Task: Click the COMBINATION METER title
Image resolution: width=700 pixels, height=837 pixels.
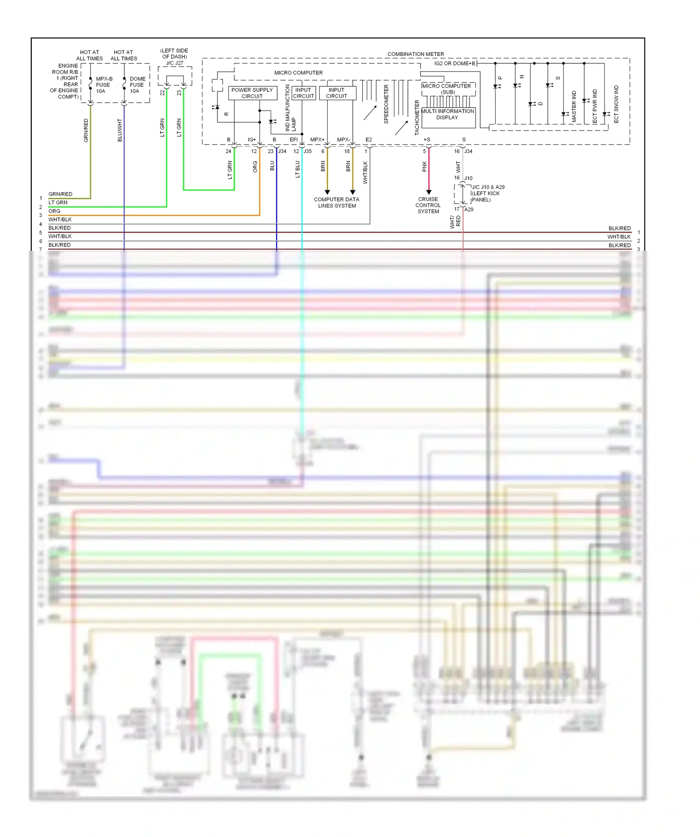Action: coord(415,54)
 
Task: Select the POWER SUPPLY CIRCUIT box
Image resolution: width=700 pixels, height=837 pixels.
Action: coord(252,93)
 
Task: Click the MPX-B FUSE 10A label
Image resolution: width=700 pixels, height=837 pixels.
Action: coord(104,85)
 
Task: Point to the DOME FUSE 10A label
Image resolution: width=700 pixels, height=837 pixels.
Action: coord(137,85)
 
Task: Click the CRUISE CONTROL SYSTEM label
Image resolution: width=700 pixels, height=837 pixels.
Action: coord(428,205)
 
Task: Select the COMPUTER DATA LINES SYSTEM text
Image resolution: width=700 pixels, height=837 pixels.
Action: coord(336,202)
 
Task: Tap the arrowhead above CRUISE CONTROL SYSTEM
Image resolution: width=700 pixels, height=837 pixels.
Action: coord(429,192)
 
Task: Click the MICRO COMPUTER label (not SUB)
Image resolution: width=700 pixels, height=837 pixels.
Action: coord(298,73)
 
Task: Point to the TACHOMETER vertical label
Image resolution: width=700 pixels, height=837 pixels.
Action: coord(417,118)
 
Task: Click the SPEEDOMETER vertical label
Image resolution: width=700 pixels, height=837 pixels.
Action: coord(386,104)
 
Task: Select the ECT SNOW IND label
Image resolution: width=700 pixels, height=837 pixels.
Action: coord(616,104)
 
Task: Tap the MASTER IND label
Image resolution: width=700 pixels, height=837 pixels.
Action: coord(574,106)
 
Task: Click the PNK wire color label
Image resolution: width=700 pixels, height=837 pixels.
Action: coord(424,166)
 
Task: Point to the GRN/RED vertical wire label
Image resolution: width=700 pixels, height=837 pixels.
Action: coord(86,130)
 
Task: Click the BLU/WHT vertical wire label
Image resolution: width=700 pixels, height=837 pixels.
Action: coord(120,130)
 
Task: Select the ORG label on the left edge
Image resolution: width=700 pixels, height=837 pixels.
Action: coord(54,211)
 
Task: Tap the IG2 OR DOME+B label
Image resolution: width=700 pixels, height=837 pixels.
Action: coord(455,63)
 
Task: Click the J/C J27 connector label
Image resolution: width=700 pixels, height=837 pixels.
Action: coord(175,63)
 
